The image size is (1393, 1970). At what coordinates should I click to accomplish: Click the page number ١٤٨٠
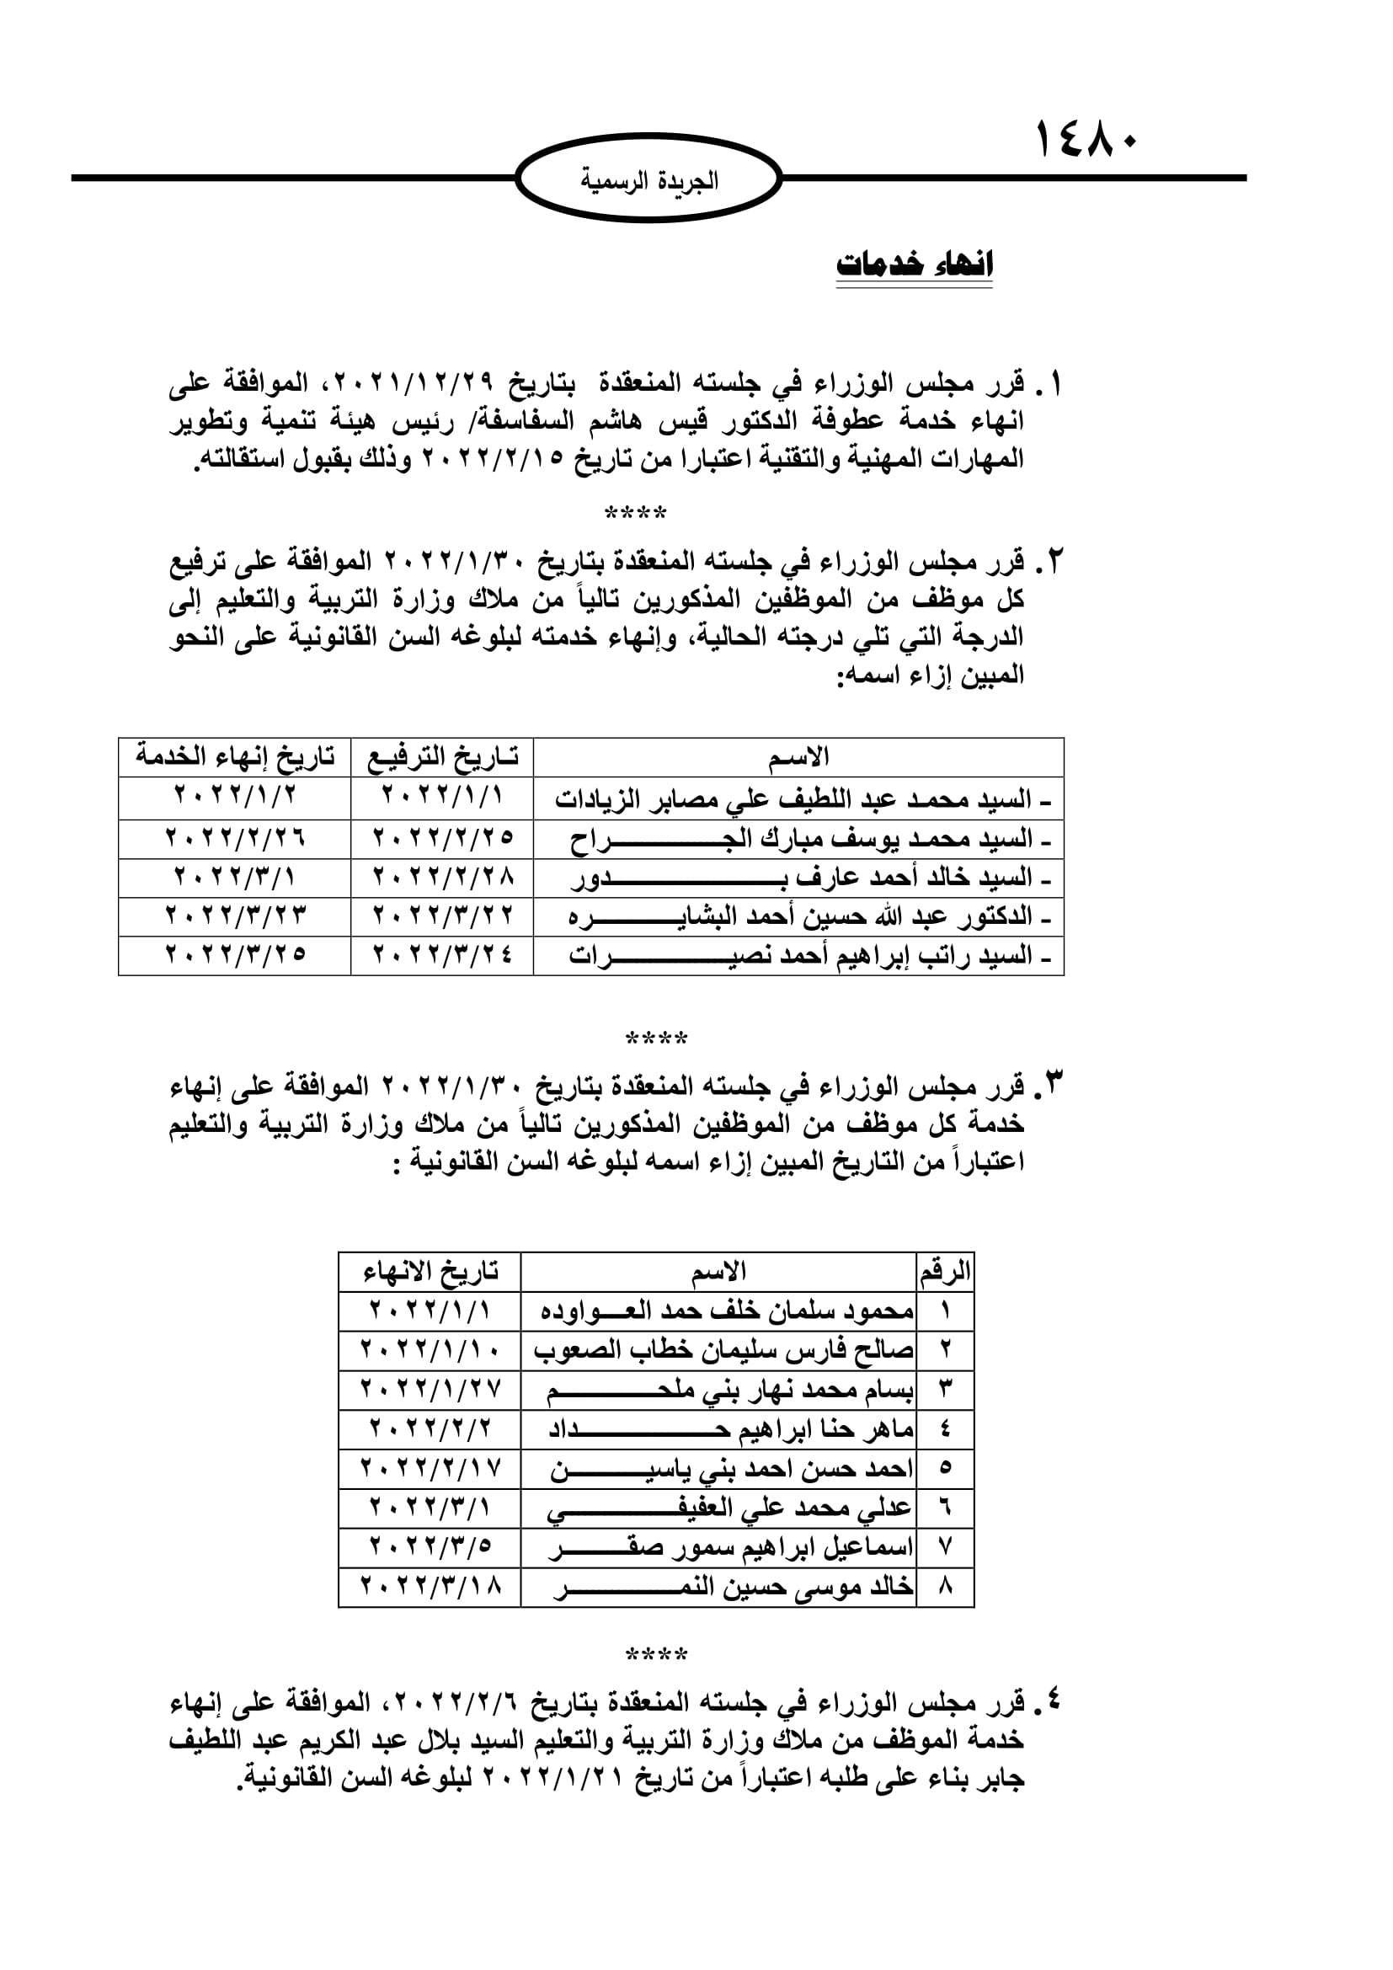tap(1086, 139)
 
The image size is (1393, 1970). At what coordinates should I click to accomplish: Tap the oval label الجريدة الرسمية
tap(649, 181)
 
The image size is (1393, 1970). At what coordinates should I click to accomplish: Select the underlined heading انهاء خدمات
tap(915, 264)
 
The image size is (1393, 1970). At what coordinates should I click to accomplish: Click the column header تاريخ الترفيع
tap(442, 757)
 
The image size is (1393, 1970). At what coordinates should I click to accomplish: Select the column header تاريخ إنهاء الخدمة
tap(235, 757)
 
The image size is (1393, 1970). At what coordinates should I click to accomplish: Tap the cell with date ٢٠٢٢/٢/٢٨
tap(442, 877)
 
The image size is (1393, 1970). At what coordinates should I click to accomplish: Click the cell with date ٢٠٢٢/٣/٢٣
tap(235, 916)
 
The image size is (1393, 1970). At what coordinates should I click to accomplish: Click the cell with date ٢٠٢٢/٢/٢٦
tap(235, 837)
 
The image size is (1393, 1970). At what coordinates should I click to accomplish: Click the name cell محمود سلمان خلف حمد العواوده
tap(726, 1311)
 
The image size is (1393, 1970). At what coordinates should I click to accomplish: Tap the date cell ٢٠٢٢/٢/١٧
tap(430, 1468)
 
